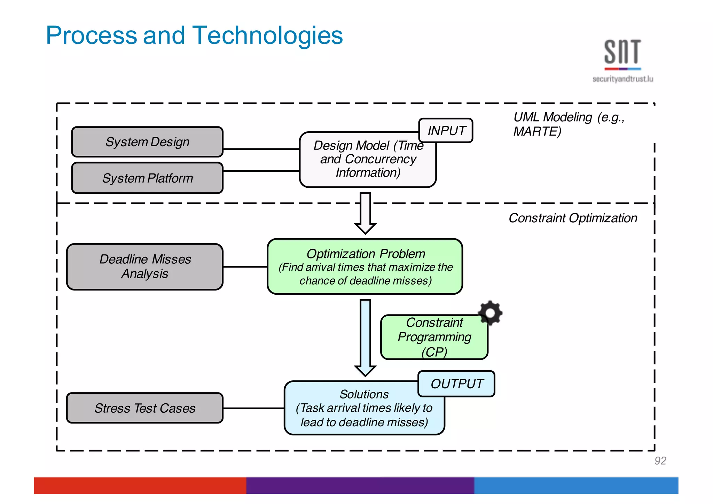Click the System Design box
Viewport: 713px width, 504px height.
click(x=147, y=142)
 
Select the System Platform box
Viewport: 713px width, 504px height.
click(x=147, y=178)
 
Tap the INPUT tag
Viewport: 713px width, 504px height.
click(x=446, y=131)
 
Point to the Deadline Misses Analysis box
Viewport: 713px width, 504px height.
click(x=145, y=266)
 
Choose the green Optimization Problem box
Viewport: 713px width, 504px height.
click(x=365, y=266)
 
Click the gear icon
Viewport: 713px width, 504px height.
click(x=490, y=312)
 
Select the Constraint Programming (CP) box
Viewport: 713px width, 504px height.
click(x=434, y=337)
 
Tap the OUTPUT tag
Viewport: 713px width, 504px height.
click(x=456, y=383)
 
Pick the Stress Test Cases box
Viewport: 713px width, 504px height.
click(x=145, y=408)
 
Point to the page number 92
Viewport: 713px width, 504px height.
click(x=660, y=460)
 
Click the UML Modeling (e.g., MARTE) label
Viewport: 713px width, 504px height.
click(x=568, y=124)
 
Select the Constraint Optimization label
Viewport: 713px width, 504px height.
click(x=573, y=218)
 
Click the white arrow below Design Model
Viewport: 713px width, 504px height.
click(x=365, y=212)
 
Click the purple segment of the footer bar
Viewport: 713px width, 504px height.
click(x=360, y=485)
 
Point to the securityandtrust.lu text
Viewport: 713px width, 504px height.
click(x=622, y=79)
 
